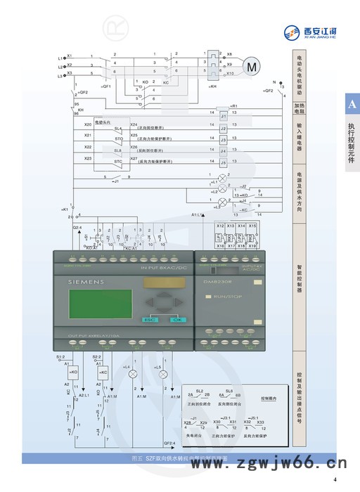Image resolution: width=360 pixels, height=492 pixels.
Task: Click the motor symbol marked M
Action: click(x=250, y=66)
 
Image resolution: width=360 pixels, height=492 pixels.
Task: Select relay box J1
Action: click(x=223, y=116)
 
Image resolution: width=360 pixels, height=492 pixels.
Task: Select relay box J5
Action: click(x=223, y=153)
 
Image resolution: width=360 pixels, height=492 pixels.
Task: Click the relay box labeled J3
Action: click(x=223, y=141)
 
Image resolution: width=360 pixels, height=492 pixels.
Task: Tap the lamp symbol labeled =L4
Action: click(x=131, y=375)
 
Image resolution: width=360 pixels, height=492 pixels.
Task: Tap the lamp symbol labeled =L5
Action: click(x=163, y=375)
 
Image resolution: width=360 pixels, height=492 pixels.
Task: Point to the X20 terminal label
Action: click(x=88, y=124)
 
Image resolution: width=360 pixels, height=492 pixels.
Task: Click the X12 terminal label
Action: click(x=220, y=226)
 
